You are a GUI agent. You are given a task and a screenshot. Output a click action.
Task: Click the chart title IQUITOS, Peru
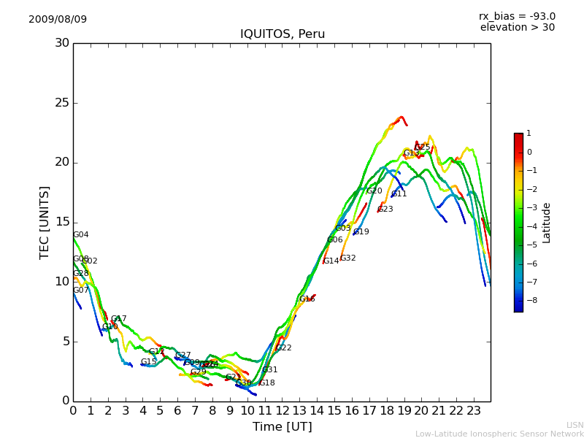pyautogui.click(x=283, y=34)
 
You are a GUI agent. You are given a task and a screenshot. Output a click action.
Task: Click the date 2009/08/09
pyautogui.click(x=58, y=19)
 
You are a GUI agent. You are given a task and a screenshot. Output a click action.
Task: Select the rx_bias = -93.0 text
pyautogui.click(x=517, y=16)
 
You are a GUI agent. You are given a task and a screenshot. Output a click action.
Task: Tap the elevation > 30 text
pyautogui.click(x=517, y=28)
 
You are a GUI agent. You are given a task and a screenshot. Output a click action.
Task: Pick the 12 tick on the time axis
pyautogui.click(x=282, y=411)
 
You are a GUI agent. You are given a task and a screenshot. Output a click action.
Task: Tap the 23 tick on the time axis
pyautogui.click(x=473, y=411)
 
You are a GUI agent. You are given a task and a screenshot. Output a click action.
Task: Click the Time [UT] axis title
pyautogui.click(x=283, y=427)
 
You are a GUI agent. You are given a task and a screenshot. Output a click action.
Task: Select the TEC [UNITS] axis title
pyautogui.click(x=45, y=222)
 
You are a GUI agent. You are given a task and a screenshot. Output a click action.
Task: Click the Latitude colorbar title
pyautogui.click(x=547, y=223)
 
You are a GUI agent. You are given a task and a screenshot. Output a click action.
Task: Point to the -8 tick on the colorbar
pyautogui.click(x=529, y=300)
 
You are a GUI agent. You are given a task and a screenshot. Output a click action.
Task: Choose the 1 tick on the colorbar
pyautogui.click(x=529, y=134)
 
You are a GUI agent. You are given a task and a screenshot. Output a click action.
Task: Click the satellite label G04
pyautogui.click(x=81, y=235)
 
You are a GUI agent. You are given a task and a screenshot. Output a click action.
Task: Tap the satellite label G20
pyautogui.click(x=374, y=191)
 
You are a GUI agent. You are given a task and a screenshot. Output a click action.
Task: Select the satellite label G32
pyautogui.click(x=348, y=258)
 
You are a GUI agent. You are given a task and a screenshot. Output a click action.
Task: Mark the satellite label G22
pyautogui.click(x=284, y=348)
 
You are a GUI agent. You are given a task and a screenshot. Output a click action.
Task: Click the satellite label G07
pyautogui.click(x=81, y=291)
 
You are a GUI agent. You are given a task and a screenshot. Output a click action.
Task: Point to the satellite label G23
pyautogui.click(x=385, y=210)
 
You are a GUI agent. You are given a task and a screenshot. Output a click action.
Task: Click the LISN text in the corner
pyautogui.click(x=575, y=425)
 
